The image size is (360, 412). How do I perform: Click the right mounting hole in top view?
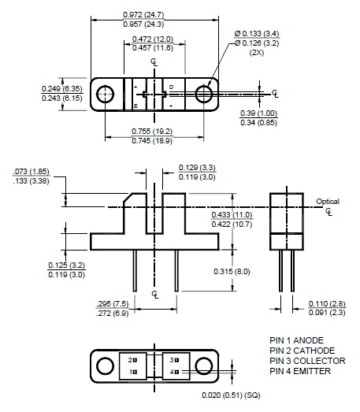204,95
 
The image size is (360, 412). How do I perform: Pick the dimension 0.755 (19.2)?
154,132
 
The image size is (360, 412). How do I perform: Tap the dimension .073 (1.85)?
32,171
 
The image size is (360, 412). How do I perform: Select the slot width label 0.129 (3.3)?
197,168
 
